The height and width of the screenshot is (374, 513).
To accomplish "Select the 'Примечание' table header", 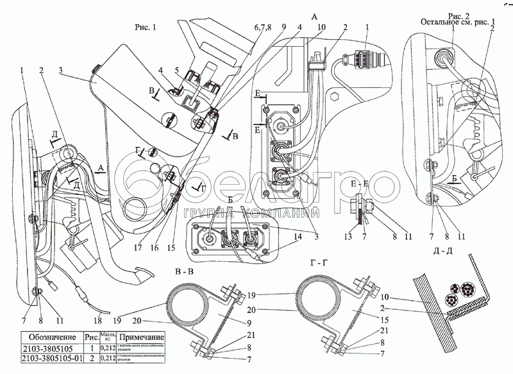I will tap(142, 337).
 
